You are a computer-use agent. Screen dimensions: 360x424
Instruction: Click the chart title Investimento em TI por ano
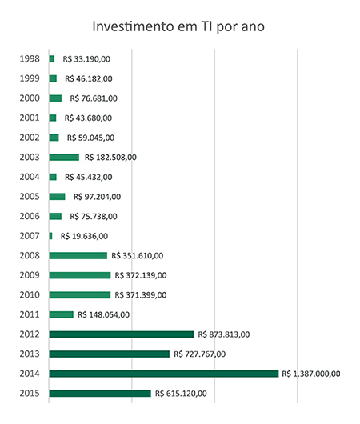point(178,26)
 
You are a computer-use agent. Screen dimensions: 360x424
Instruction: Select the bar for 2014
point(164,374)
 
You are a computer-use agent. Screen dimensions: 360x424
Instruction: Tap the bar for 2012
point(122,334)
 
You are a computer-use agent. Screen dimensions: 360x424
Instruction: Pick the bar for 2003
point(64,157)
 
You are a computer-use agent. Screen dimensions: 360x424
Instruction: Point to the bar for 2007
point(51,236)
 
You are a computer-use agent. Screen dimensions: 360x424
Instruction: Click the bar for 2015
point(100,394)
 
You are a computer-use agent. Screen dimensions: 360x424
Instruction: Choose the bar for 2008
point(78,255)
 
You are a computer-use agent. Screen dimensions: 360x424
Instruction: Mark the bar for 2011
point(62,314)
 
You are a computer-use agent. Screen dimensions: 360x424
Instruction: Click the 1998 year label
point(30,58)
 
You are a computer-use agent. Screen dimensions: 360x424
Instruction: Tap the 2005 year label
point(30,196)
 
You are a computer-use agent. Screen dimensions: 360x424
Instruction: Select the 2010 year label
point(30,294)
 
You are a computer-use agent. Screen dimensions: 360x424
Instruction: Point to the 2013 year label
point(30,354)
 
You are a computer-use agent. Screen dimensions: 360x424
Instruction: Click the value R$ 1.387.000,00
point(311,374)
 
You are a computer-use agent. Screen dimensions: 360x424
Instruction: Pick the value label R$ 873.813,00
point(224,334)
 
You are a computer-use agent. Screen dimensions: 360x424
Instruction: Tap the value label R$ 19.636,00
point(84,236)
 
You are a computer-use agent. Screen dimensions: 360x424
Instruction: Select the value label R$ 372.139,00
point(141,275)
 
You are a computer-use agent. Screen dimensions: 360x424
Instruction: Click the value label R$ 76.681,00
point(94,98)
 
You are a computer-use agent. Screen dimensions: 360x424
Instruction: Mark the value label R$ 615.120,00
point(181,394)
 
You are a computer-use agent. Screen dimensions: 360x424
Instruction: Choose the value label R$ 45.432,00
point(89,177)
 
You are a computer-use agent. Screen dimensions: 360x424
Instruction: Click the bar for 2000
point(55,98)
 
